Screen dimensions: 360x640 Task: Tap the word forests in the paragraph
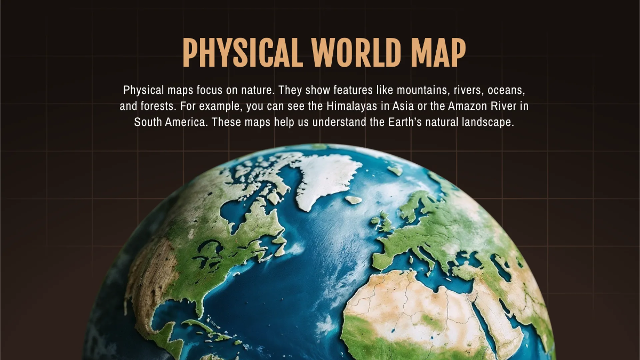[156, 106]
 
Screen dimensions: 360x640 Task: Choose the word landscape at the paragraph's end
[486, 122]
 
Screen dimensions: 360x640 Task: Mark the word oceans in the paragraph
[510, 90]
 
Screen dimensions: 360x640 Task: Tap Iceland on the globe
[353, 200]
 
